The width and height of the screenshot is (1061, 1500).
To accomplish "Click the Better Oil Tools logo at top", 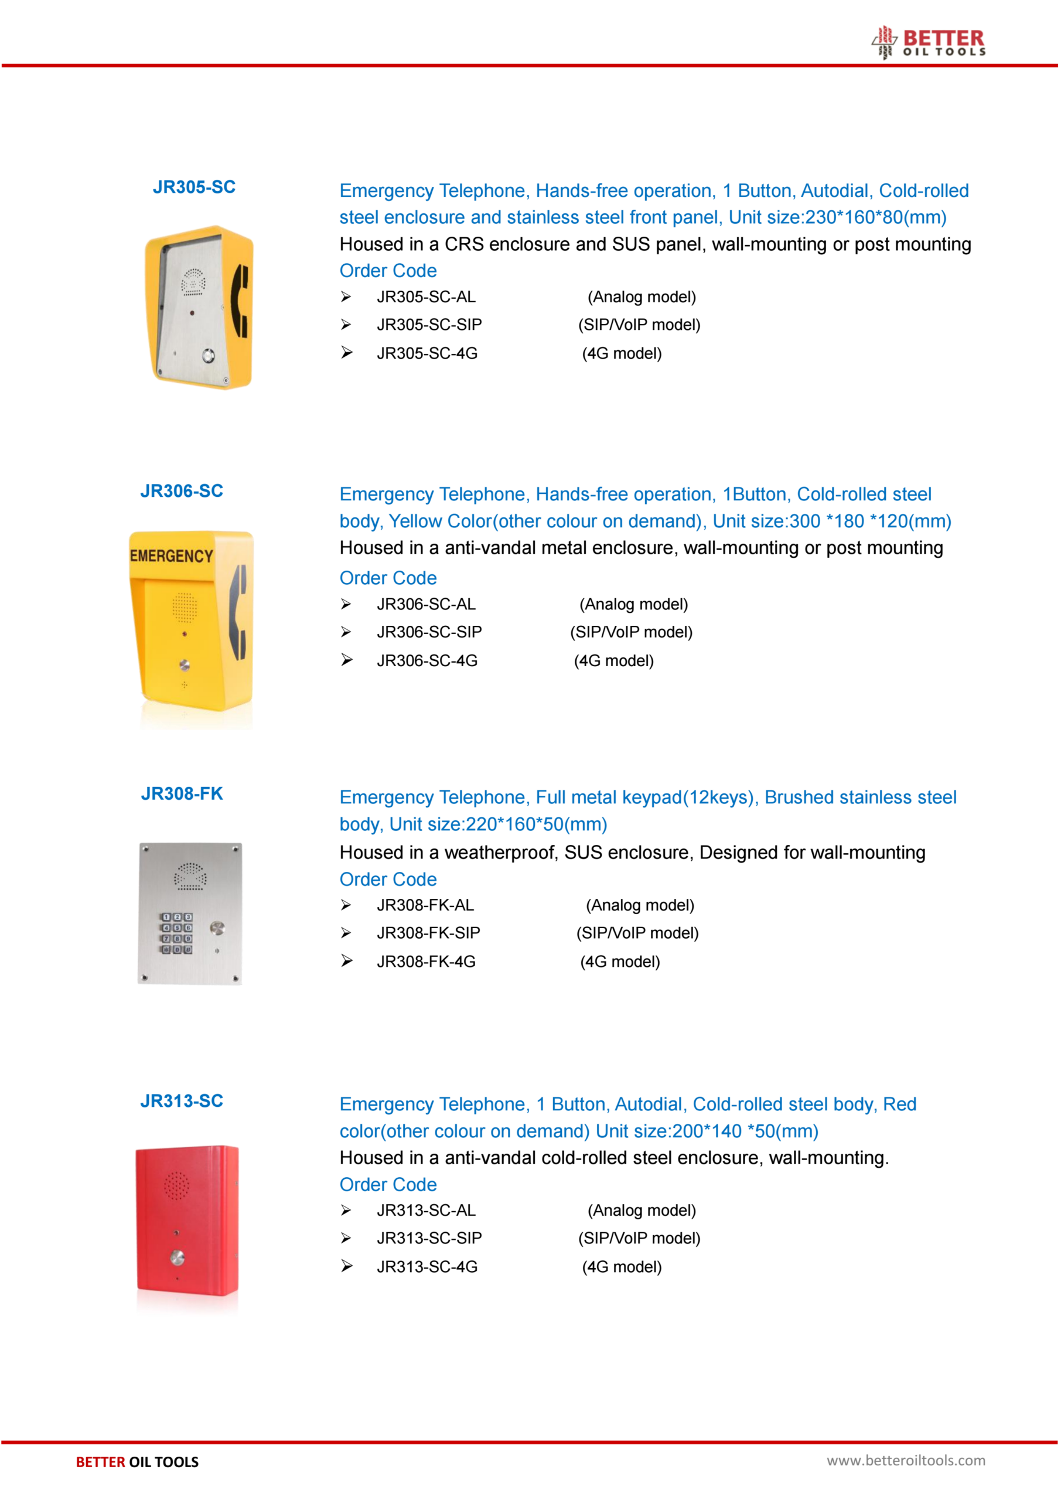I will pos(929,42).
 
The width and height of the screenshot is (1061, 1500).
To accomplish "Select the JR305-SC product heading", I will pos(194,187).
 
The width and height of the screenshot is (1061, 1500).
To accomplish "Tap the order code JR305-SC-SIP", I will pos(429,325).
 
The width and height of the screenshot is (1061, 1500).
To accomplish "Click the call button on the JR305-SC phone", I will pos(209,356).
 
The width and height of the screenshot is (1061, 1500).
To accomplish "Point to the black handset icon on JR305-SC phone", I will pos(240,301).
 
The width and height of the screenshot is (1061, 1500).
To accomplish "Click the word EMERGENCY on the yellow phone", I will pos(171,556).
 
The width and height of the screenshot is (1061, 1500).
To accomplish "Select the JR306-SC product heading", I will pos(182,490).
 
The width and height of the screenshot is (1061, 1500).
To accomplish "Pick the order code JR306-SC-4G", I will pos(427,660).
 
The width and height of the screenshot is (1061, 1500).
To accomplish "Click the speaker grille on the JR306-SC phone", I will pos(184,608).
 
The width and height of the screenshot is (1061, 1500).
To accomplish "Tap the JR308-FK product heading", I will pos(182,793).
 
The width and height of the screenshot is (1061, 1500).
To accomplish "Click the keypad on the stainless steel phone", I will pos(176,933).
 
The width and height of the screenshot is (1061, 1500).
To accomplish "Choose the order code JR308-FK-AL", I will pos(425,905).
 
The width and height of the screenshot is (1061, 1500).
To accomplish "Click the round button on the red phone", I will pos(177,1257).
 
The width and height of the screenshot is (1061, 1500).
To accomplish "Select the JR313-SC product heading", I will pos(182,1101).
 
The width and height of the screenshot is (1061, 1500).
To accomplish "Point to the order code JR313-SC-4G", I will pos(427,1267).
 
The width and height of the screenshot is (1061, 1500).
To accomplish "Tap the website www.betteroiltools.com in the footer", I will pos(906,1460).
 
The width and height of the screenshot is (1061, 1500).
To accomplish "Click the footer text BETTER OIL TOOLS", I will pos(137,1462).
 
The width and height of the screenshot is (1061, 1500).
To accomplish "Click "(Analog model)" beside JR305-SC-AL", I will pos(642,297).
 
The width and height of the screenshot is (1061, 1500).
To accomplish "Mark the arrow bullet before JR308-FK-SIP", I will pos(346,933).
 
